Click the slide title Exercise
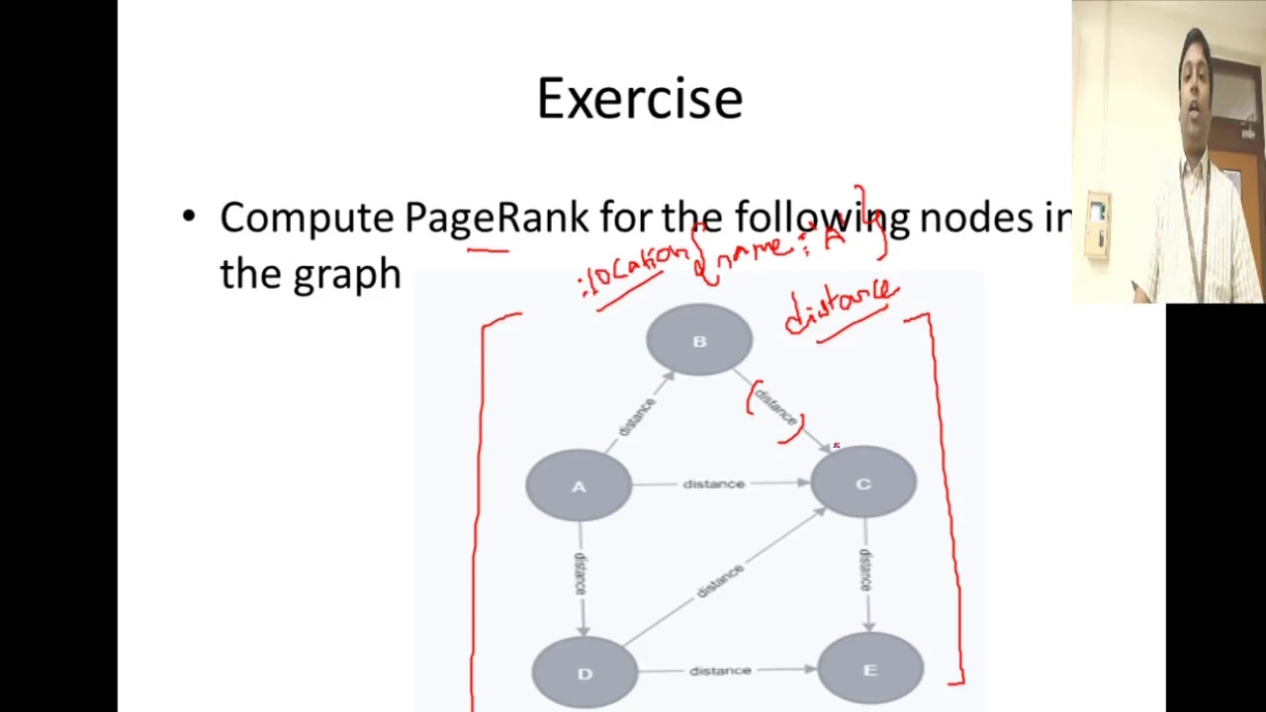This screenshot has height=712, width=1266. point(640,99)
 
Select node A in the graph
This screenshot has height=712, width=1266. point(579,486)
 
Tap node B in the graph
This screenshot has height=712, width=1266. point(699,341)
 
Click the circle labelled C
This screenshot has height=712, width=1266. point(862,484)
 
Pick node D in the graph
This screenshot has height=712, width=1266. point(585,672)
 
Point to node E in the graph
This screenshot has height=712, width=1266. point(869,670)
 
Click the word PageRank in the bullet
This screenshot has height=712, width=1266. point(496,218)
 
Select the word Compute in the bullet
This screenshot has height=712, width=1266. point(307,218)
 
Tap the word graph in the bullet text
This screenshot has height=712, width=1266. point(346,275)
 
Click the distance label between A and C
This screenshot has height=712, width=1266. point(713,484)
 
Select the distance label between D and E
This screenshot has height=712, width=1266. point(720,670)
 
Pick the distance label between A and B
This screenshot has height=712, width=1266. point(636,416)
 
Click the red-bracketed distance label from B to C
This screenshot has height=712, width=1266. point(775,406)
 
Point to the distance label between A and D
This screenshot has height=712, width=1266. point(580,573)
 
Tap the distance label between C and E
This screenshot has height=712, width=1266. point(865,571)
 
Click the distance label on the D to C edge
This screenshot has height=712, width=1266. point(720,580)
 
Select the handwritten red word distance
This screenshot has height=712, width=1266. point(841,307)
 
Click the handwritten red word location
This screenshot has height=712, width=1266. point(636,272)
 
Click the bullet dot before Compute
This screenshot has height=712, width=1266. point(189,218)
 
